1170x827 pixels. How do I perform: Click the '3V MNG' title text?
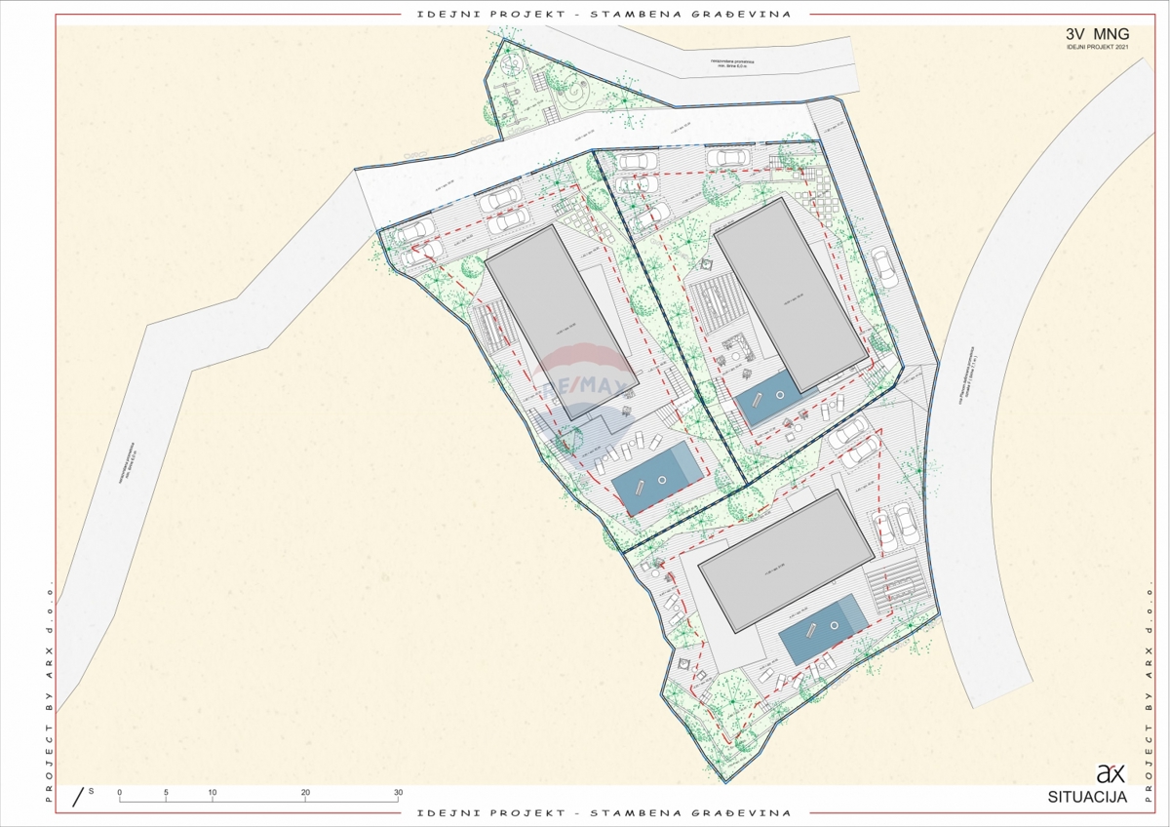click(1098, 33)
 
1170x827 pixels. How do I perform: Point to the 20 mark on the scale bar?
click(305, 792)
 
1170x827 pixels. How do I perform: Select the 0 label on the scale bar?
click(119, 792)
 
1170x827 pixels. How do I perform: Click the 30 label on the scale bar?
click(398, 792)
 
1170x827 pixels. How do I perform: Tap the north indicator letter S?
click(91, 790)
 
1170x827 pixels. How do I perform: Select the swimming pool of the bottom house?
click(824, 630)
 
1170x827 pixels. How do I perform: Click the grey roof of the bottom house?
click(786, 559)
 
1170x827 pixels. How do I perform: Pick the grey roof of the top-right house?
click(789, 293)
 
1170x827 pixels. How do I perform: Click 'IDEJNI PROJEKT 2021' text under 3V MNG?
click(1098, 47)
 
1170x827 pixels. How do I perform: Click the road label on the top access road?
click(737, 66)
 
